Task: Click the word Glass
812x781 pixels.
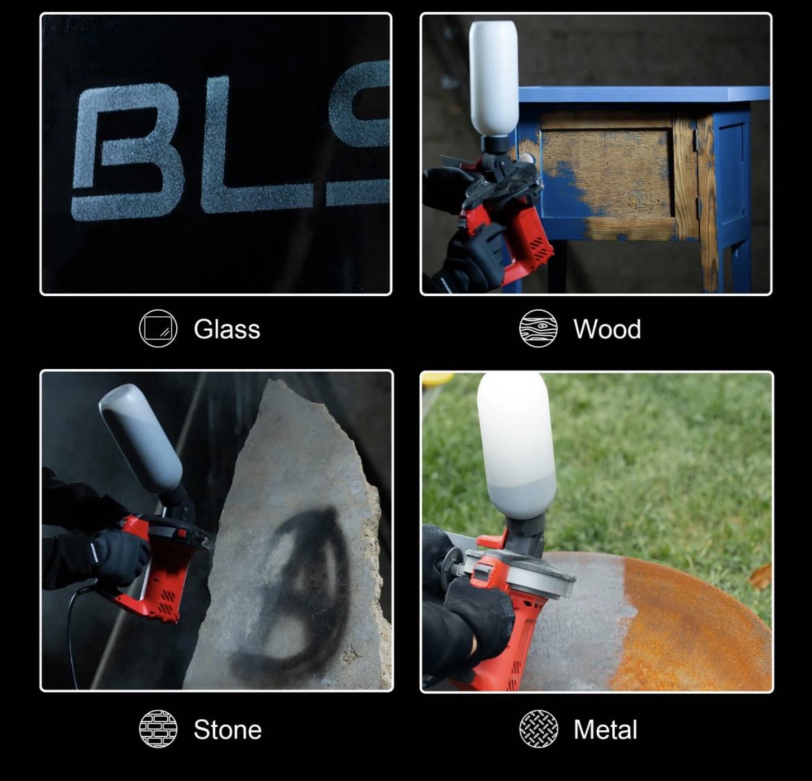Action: [x=227, y=329]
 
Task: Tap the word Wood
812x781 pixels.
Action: [x=607, y=329]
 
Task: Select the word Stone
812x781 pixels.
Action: [x=228, y=730]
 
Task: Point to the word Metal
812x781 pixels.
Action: [x=605, y=730]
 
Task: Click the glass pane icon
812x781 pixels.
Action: [x=158, y=328]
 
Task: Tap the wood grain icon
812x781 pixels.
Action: [x=538, y=328]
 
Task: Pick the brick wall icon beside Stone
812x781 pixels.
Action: [x=158, y=729]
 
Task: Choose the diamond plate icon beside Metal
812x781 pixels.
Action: [x=539, y=729]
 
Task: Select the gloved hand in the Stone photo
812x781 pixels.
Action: [x=121, y=556]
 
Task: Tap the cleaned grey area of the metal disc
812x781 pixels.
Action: [x=580, y=631]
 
